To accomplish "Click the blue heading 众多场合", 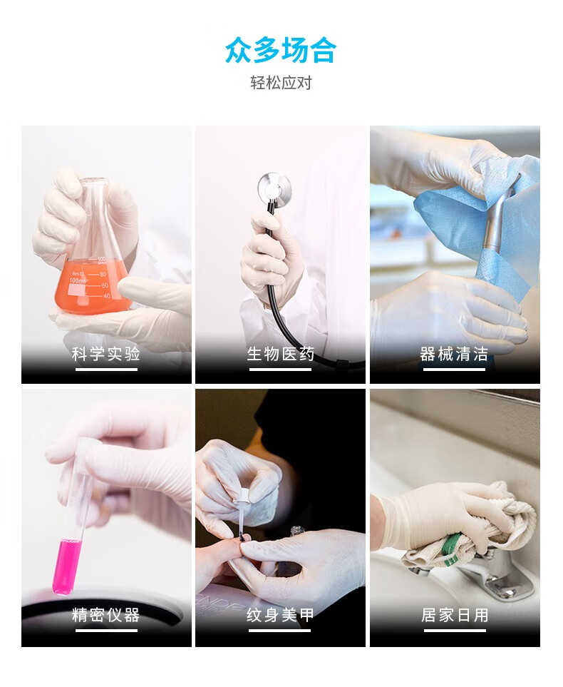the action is [x=281, y=51].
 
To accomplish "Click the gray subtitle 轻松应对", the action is [x=281, y=82].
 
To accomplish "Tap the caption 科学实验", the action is [x=106, y=354].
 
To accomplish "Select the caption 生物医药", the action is [x=280, y=354].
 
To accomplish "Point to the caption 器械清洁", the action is [x=454, y=354].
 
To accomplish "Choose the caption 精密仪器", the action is [x=106, y=615].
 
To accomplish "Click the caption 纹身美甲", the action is [x=280, y=615].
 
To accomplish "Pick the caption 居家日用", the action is [x=455, y=615].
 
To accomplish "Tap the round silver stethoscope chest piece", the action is [x=274, y=187].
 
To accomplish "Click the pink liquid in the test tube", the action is [x=66, y=566].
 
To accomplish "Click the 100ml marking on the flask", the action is [x=77, y=280].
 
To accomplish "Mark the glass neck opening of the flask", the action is [x=93, y=180].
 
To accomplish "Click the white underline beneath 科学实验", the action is [x=106, y=370].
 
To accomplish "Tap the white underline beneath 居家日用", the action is [x=455, y=631].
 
